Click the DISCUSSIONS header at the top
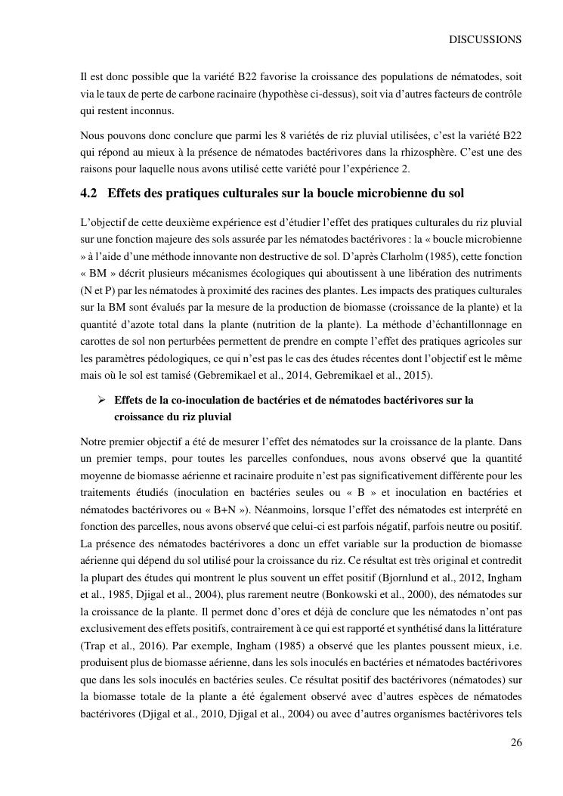coord(485,39)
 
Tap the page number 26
coord(515,742)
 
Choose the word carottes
coord(103,340)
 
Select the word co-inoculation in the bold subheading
coord(180,399)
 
